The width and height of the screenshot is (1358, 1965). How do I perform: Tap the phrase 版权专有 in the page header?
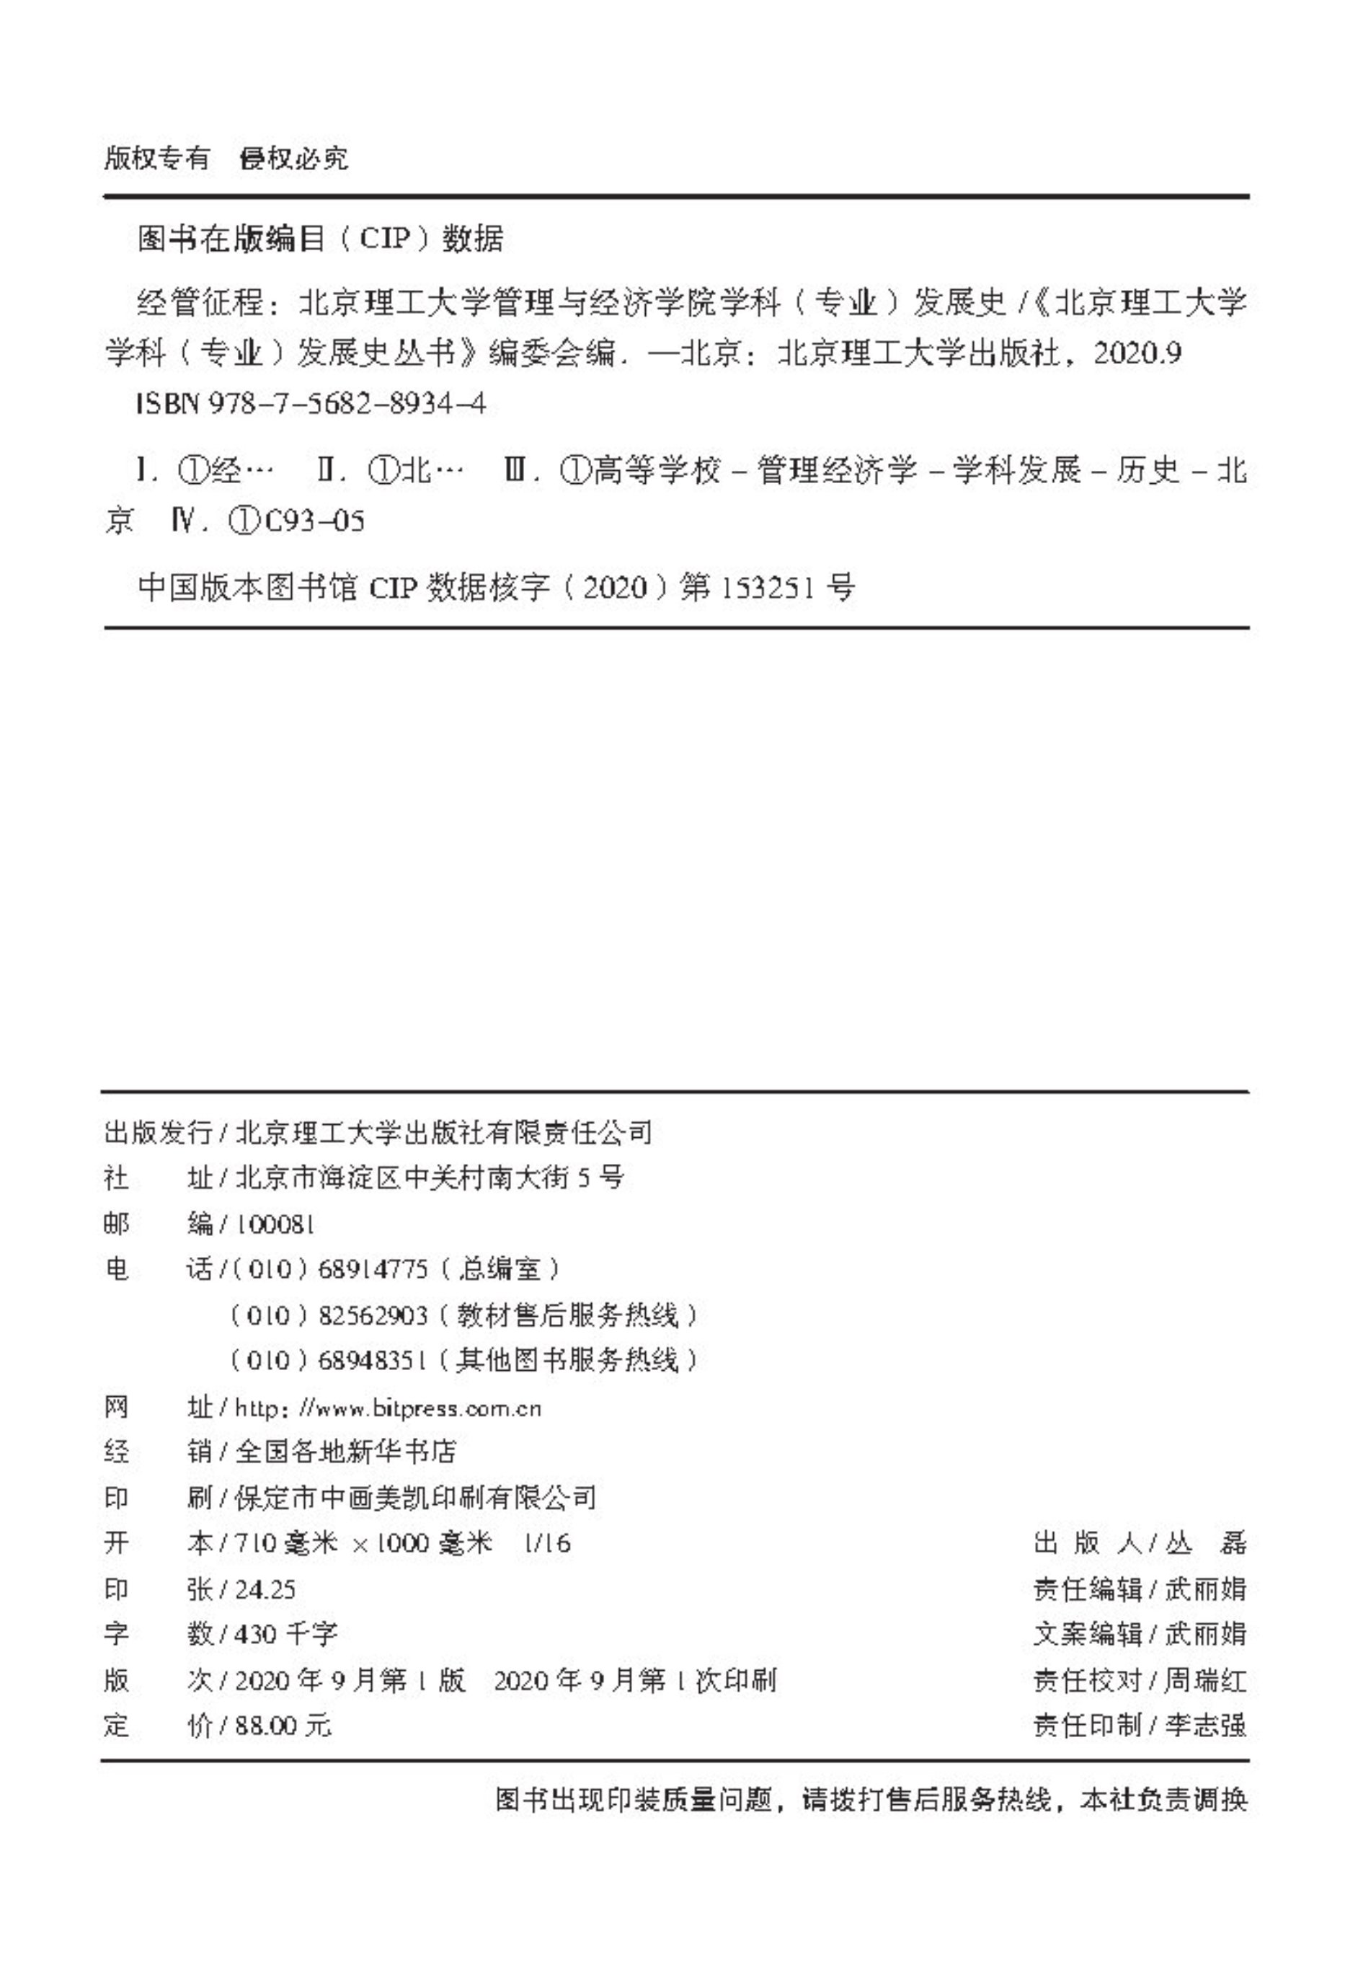tap(156, 159)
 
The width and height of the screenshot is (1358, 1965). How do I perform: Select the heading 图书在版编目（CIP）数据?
tap(321, 240)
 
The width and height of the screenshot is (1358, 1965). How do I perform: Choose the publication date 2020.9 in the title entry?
tap(1137, 353)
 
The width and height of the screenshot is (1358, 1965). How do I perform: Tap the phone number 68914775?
tap(373, 1270)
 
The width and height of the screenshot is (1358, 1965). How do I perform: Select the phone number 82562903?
tap(373, 1316)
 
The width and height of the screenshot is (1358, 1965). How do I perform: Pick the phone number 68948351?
tap(373, 1361)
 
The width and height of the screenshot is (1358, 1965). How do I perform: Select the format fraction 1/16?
tap(548, 1543)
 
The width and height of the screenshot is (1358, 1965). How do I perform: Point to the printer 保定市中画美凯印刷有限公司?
tap(415, 1498)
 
